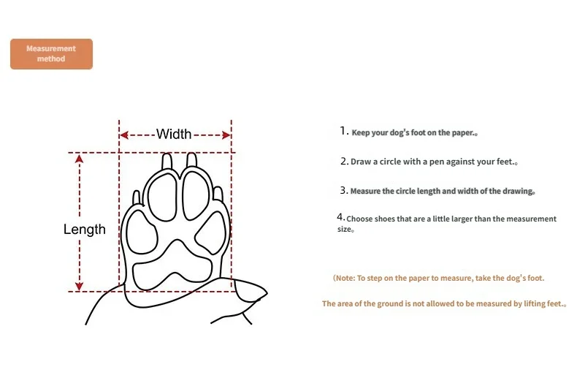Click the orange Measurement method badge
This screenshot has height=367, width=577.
coord(52,54)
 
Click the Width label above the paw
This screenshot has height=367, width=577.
coord(174,134)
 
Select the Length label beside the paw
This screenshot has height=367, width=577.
coord(84,229)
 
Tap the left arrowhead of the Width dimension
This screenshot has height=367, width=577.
coord(124,135)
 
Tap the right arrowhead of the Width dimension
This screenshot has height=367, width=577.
coord(226,135)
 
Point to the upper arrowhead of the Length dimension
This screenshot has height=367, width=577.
coord(79,159)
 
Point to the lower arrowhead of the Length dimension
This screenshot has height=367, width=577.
coord(79,286)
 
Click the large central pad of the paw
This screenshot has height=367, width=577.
coord(172,266)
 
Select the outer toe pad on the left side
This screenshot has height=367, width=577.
coord(142,232)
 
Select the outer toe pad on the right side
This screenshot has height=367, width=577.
coord(210,233)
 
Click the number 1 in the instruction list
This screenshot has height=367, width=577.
coord(344,131)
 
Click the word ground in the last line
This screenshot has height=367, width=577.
coord(390,304)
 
